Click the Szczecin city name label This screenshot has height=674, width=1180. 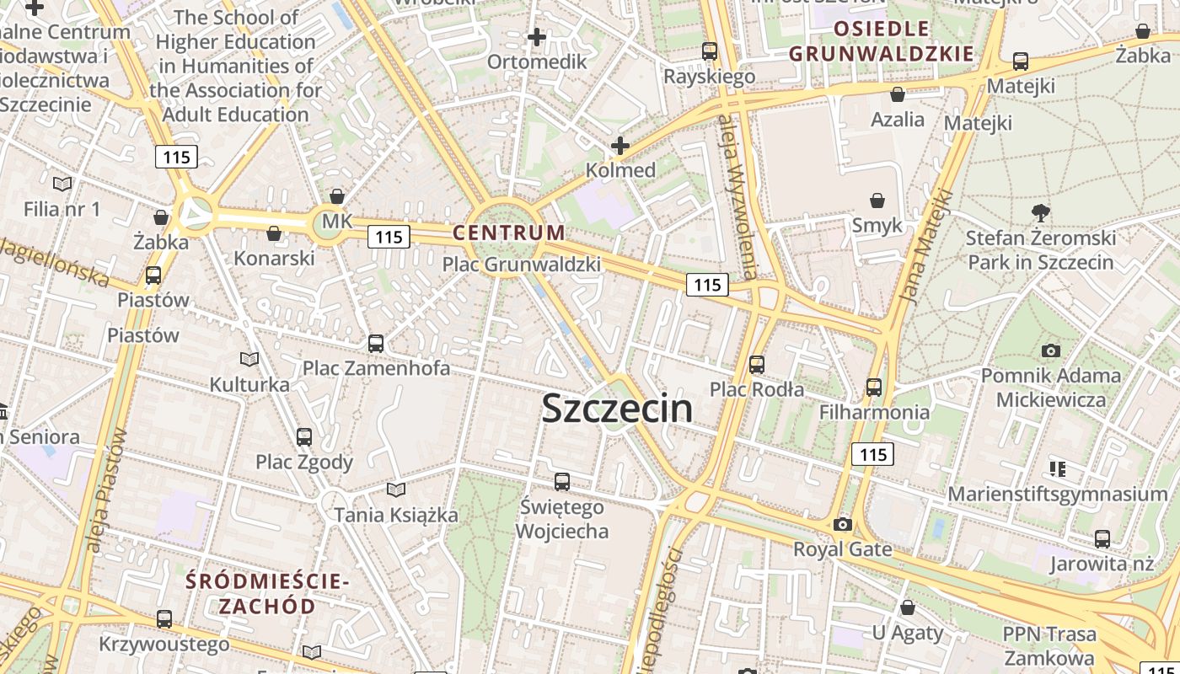(617, 409)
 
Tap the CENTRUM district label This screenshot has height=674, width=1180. (509, 233)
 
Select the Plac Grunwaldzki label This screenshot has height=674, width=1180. (522, 265)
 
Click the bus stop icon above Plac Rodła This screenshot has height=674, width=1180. (757, 364)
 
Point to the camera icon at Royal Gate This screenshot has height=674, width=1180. (842, 524)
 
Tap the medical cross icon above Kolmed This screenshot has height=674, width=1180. (620, 146)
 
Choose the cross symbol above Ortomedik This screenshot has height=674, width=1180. (537, 37)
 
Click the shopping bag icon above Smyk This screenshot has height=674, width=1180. (877, 201)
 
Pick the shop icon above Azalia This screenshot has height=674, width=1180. (898, 94)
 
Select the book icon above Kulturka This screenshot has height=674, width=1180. (249, 360)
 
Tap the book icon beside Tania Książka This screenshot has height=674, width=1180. (396, 489)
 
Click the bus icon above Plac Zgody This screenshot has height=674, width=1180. (304, 437)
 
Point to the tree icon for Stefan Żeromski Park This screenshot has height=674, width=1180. (1041, 212)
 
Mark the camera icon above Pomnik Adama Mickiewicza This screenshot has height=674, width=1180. (1050, 350)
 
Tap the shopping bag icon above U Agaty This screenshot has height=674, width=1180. (908, 607)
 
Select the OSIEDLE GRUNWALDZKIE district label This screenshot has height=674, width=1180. (882, 41)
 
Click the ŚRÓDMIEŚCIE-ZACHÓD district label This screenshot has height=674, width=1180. (267, 593)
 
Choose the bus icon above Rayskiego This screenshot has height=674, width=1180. (710, 51)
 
